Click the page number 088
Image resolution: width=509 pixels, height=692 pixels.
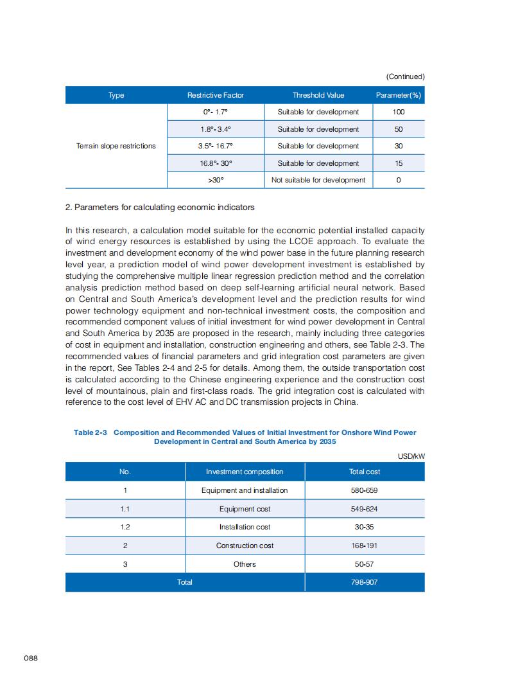31,659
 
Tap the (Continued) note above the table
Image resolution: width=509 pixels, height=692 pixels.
405,76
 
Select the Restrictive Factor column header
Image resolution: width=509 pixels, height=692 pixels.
216,95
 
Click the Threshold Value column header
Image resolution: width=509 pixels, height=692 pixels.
318,95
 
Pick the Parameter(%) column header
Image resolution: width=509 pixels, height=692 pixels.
399,95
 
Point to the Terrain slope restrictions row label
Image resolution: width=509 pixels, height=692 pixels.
116,146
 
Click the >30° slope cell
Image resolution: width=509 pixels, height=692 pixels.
216,180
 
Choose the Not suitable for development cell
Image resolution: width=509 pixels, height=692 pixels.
318,180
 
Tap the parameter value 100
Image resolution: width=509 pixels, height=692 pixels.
399,112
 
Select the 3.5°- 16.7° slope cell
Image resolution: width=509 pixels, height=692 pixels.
216,146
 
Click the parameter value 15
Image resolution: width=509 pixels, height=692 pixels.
399,163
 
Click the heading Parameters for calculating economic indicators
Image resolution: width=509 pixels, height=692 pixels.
160,207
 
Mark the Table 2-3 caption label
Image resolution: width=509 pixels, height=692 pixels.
90,432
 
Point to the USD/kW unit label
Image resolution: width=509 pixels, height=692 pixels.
411,456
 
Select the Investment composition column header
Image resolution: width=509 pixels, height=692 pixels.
245,472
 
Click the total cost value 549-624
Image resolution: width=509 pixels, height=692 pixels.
365,509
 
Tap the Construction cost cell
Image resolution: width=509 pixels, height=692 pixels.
245,546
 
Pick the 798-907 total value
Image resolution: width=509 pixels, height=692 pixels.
365,582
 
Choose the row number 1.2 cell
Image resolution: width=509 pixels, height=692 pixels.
125,527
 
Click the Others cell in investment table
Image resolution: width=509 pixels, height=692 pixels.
245,564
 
